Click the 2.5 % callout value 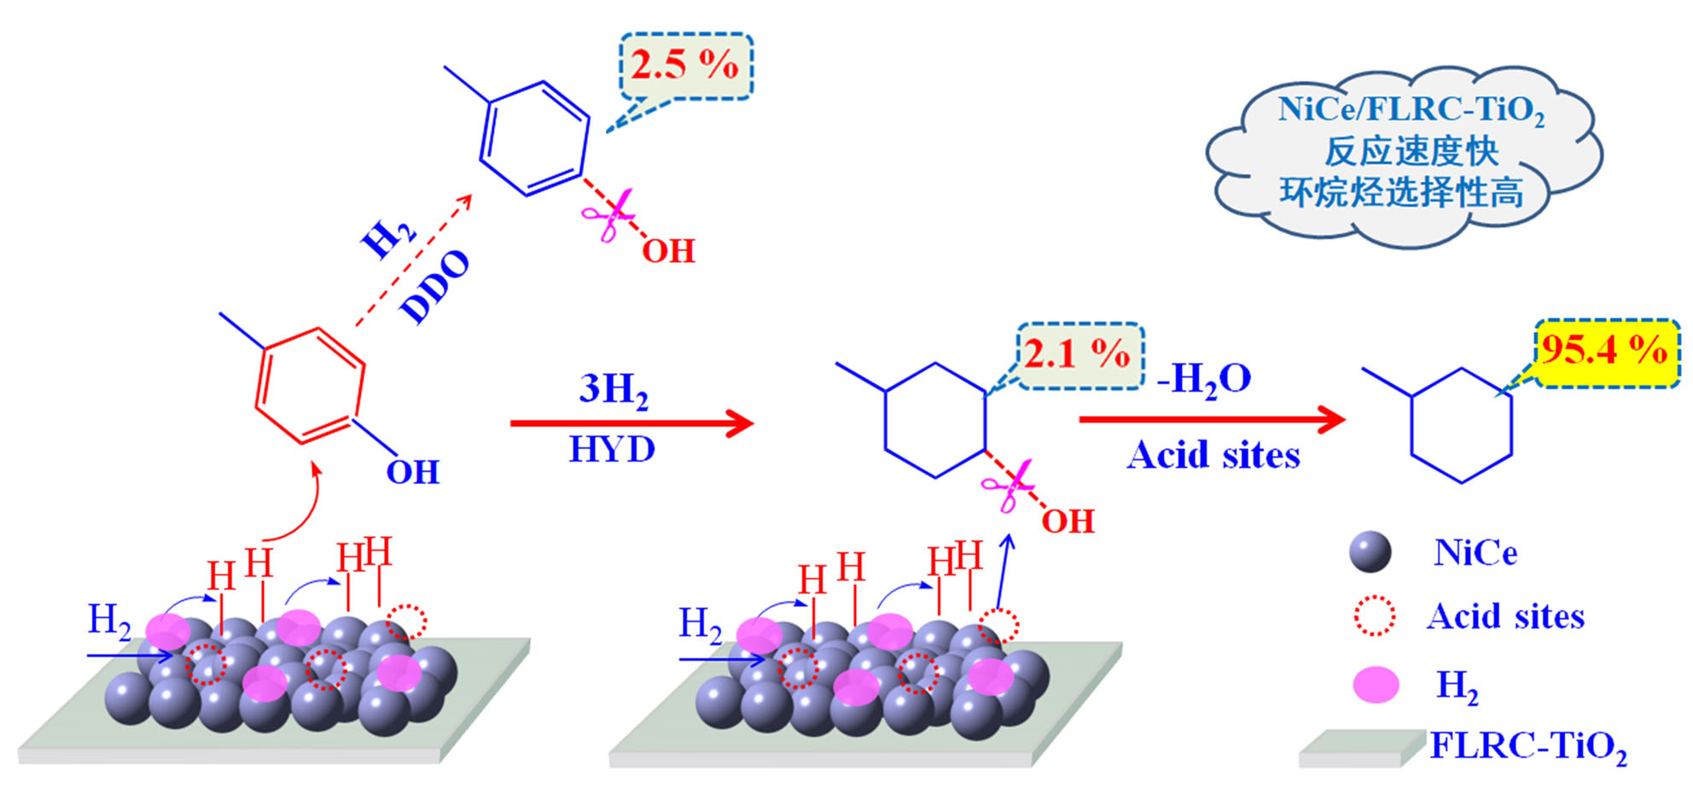685,65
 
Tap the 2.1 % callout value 1078,353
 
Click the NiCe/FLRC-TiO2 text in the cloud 1411,110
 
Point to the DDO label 435,287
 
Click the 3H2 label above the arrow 614,389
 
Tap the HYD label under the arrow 612,449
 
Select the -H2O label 1203,378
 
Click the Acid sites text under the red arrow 1213,455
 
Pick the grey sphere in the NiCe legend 1370,552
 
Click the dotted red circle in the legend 1375,616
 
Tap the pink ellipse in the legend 1376,685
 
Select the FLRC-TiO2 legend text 1528,747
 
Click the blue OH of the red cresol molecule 413,472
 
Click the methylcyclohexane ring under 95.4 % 1461,425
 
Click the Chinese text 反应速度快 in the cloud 1411,152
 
